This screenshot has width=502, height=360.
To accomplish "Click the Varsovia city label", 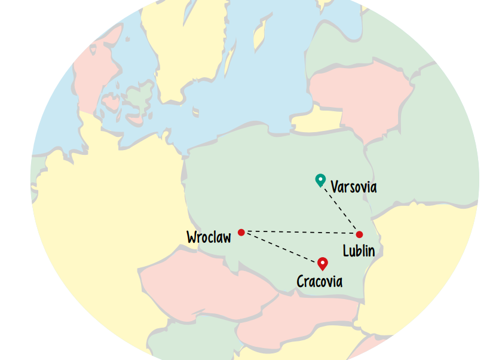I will point(354,187).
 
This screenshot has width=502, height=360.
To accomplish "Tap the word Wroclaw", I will point(209,237).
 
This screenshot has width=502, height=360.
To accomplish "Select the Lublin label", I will point(359,251).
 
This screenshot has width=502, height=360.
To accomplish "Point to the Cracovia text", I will point(320,281).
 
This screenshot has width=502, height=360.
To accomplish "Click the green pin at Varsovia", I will point(320,179).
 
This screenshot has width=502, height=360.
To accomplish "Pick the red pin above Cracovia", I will point(323,263).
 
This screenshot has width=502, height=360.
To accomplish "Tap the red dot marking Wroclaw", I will point(241,232).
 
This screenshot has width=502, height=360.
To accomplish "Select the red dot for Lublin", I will point(359,234).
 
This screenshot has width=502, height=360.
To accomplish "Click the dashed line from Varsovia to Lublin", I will point(341,209).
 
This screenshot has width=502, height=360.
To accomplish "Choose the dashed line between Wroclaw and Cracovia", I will point(281,247).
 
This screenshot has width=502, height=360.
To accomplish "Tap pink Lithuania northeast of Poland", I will point(359,96).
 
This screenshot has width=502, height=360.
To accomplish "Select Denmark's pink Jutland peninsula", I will point(96,66).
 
